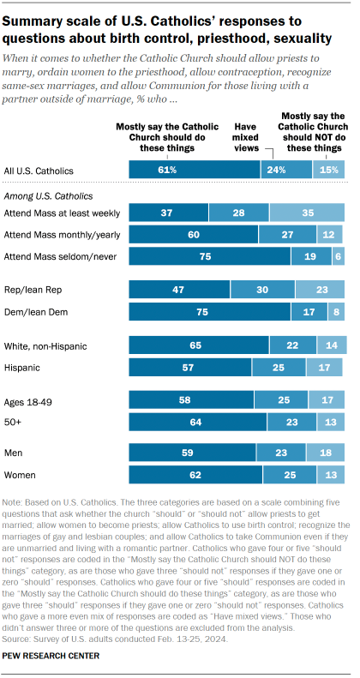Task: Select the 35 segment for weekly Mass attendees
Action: coord(308,213)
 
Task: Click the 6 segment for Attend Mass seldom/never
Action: coord(338,257)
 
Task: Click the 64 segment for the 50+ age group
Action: coord(197,422)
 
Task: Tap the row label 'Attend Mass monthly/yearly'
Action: coord(63,235)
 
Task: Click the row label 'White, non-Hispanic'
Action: coord(48,345)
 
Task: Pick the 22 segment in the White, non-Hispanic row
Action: coord(291,345)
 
